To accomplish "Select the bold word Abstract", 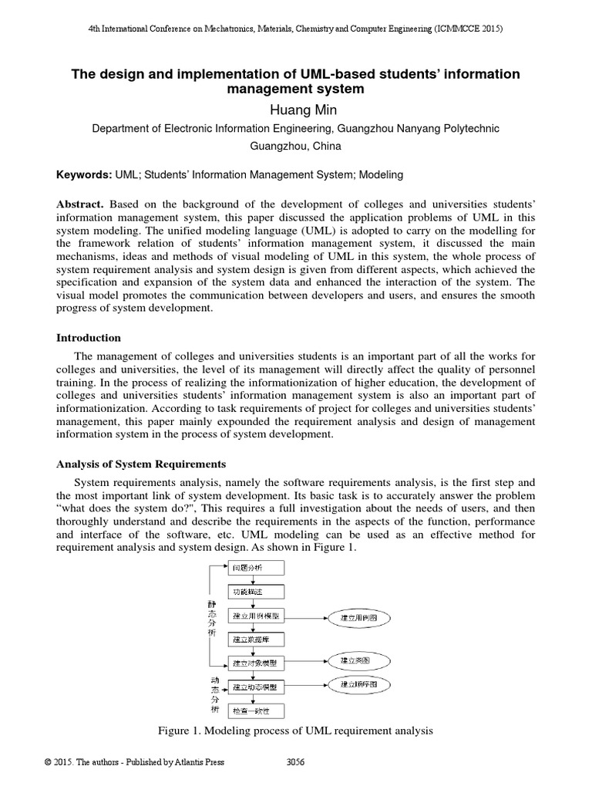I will pos(80,204).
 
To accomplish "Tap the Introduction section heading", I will pos(89,338).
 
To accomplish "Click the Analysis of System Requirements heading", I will pos(142,464).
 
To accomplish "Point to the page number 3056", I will pos(295,762).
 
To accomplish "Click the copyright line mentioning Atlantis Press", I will pos(135,762).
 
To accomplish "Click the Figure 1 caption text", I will pos(295,730).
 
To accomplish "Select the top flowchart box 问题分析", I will pos(257,568).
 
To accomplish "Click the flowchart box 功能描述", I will pos(257,592).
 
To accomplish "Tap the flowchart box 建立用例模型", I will pos(257,616).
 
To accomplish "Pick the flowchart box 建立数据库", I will pos(257,640).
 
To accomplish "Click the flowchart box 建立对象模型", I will pos(257,663).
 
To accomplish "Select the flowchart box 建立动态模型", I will pos(257,686).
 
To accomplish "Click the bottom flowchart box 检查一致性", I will pos(257,709).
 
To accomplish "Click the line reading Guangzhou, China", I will pos(295,146).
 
